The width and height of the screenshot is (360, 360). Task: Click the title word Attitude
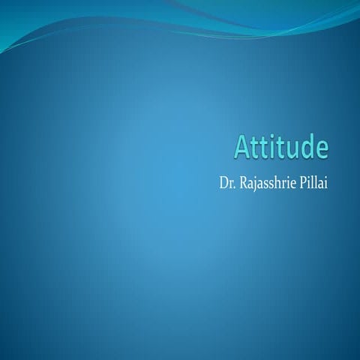click(x=282, y=146)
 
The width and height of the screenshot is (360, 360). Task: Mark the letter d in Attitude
click(x=307, y=146)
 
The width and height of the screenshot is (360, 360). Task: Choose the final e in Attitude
click(x=321, y=148)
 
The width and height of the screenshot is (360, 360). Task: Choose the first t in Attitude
click(x=257, y=146)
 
